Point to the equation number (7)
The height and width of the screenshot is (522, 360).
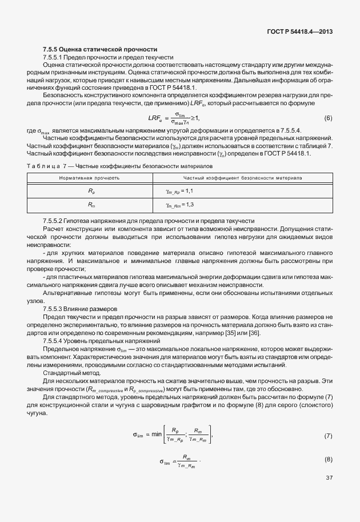pyautogui.click(x=328, y=436)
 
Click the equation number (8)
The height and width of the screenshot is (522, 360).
pyautogui.click(x=328, y=460)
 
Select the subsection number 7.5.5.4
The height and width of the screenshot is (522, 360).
pyautogui.click(x=55, y=341)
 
